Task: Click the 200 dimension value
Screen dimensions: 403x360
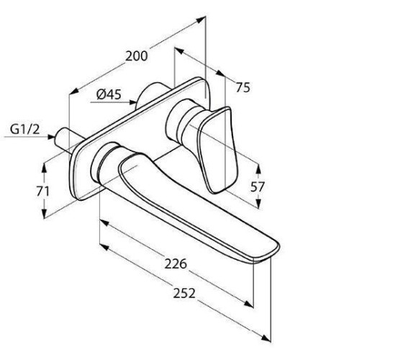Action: click(137, 56)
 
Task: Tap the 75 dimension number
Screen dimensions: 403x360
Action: click(243, 88)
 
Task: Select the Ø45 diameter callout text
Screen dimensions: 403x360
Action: click(109, 94)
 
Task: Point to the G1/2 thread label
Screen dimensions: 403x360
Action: click(25, 130)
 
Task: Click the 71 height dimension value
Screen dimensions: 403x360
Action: click(42, 191)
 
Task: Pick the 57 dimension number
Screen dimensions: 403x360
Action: click(258, 187)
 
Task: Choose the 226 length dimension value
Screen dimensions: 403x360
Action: click(176, 264)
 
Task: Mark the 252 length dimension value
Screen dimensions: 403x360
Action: click(184, 293)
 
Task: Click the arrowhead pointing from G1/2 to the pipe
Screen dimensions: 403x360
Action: click(51, 137)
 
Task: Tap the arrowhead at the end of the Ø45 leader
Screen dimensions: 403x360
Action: click(132, 102)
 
